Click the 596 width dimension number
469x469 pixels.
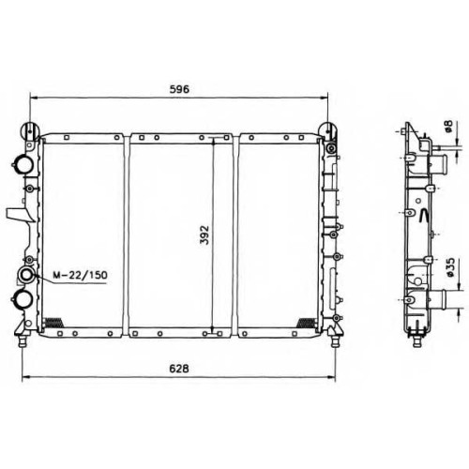click(x=179, y=89)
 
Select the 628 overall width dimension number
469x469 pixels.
click(x=179, y=369)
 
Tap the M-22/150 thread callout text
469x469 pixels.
click(x=80, y=275)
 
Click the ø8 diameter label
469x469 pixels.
click(x=448, y=126)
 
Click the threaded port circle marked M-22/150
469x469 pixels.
click(x=26, y=275)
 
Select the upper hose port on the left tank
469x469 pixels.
click(x=23, y=163)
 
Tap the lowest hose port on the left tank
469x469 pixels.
click(x=22, y=299)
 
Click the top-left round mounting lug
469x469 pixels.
click(x=30, y=130)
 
